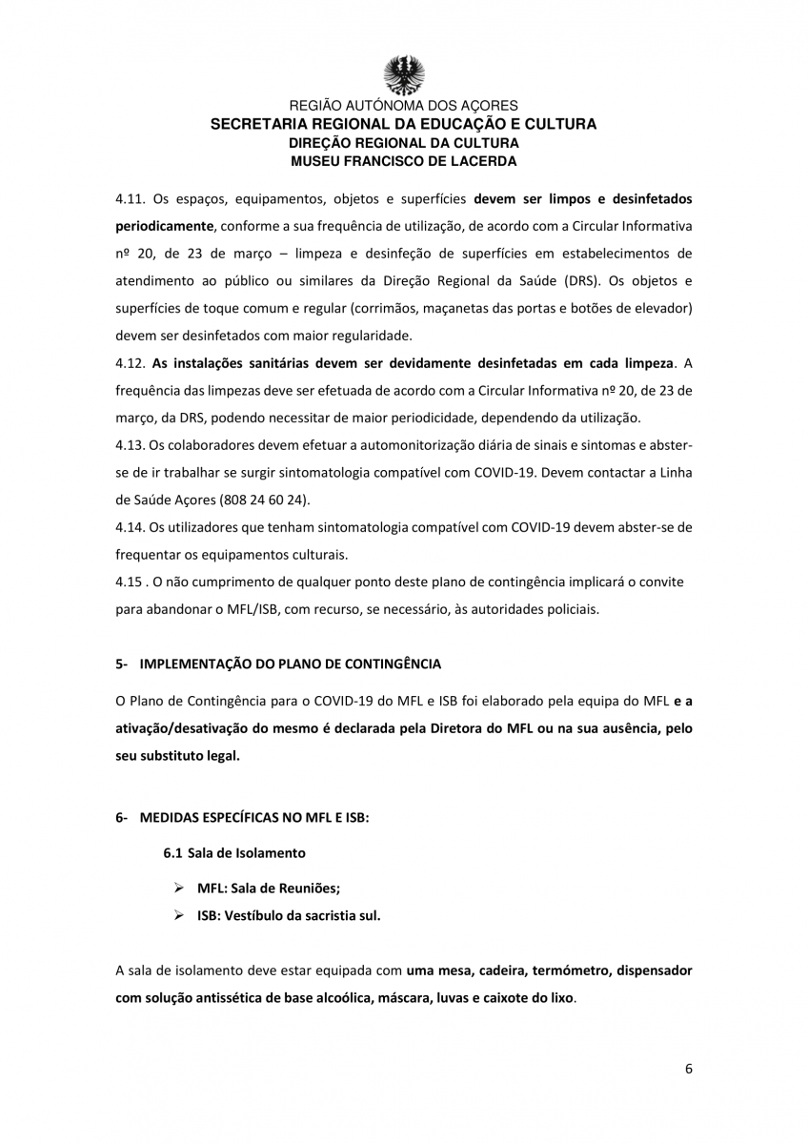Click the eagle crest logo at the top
pos(404,73)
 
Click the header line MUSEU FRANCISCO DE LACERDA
pos(404,161)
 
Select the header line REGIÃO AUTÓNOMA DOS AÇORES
pos(404,106)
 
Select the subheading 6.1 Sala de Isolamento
pos(234,852)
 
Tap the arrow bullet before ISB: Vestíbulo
pos(178,915)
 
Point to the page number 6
pos(688,1068)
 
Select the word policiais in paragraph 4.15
pos(570,610)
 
